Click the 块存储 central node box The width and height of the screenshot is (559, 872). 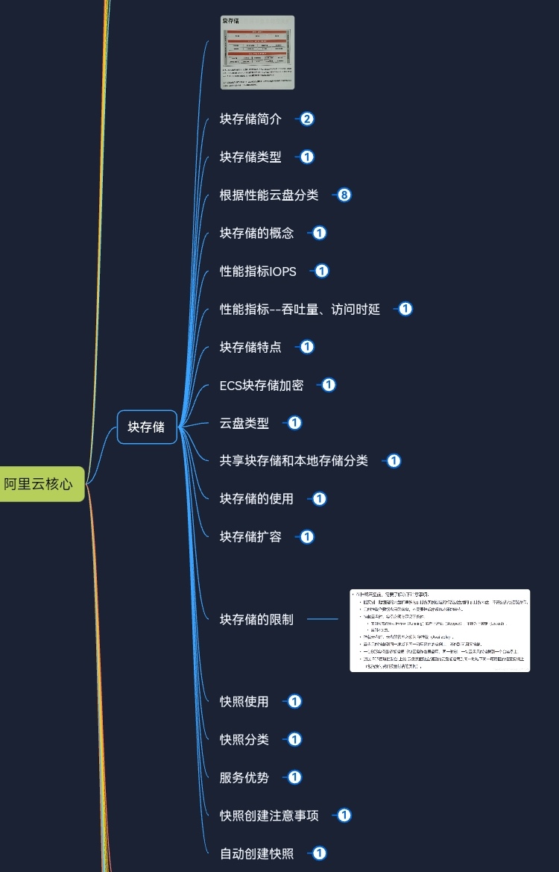tap(147, 427)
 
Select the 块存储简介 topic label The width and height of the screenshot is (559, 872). tap(250, 119)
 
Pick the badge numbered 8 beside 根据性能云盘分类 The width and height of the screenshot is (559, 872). tap(344, 195)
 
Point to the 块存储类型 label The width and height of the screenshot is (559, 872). tap(250, 157)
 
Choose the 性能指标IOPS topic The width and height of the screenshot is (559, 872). tap(258, 272)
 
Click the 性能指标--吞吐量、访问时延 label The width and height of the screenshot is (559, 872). tap(300, 310)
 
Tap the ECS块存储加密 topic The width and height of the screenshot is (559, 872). tap(262, 386)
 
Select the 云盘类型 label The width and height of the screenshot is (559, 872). tap(244, 424)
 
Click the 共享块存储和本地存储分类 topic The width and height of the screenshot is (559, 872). tap(294, 461)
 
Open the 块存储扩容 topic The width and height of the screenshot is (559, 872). tap(250, 537)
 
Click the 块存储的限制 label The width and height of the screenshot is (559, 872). tap(256, 619)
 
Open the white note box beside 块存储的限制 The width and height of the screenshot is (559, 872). tap(440, 630)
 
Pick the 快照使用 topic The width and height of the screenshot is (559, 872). tap(244, 702)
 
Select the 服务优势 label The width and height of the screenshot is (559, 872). tap(244, 778)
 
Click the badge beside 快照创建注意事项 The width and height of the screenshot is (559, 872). tap(344, 816)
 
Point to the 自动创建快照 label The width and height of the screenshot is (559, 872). tap(256, 854)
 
